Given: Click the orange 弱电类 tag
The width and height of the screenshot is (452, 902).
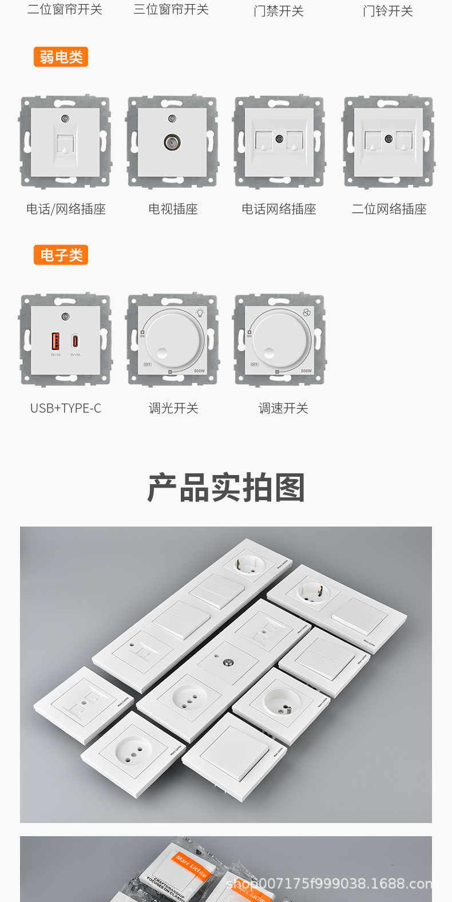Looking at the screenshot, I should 61,57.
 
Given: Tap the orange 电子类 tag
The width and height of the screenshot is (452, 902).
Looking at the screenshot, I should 61,255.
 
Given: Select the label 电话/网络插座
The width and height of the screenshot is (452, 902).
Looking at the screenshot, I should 66,209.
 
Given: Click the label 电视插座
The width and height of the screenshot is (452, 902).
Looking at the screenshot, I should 173,209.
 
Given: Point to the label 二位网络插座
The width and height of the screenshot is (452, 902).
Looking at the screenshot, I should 389,209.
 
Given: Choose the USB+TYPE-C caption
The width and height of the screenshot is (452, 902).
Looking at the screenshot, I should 66,408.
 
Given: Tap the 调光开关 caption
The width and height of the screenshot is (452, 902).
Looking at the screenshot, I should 173,408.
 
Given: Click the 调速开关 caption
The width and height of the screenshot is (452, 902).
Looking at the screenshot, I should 283,408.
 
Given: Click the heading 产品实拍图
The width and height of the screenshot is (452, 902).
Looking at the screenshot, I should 226,488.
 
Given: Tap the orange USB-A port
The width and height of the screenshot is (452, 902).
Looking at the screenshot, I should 55,341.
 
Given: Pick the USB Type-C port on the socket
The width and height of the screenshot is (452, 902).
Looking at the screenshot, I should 75,342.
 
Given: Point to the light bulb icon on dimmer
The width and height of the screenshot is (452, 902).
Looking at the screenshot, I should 200,312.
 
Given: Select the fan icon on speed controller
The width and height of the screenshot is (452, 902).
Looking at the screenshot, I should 307,313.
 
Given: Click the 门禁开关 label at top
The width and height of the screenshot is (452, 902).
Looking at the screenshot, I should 279,11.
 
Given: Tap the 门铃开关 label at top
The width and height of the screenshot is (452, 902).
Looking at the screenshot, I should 388,11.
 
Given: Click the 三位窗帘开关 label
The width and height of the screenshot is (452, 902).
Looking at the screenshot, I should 171,10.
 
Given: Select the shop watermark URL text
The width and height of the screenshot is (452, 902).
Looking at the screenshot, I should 332,884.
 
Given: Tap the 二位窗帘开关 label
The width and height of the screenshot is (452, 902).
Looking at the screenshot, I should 65,10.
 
